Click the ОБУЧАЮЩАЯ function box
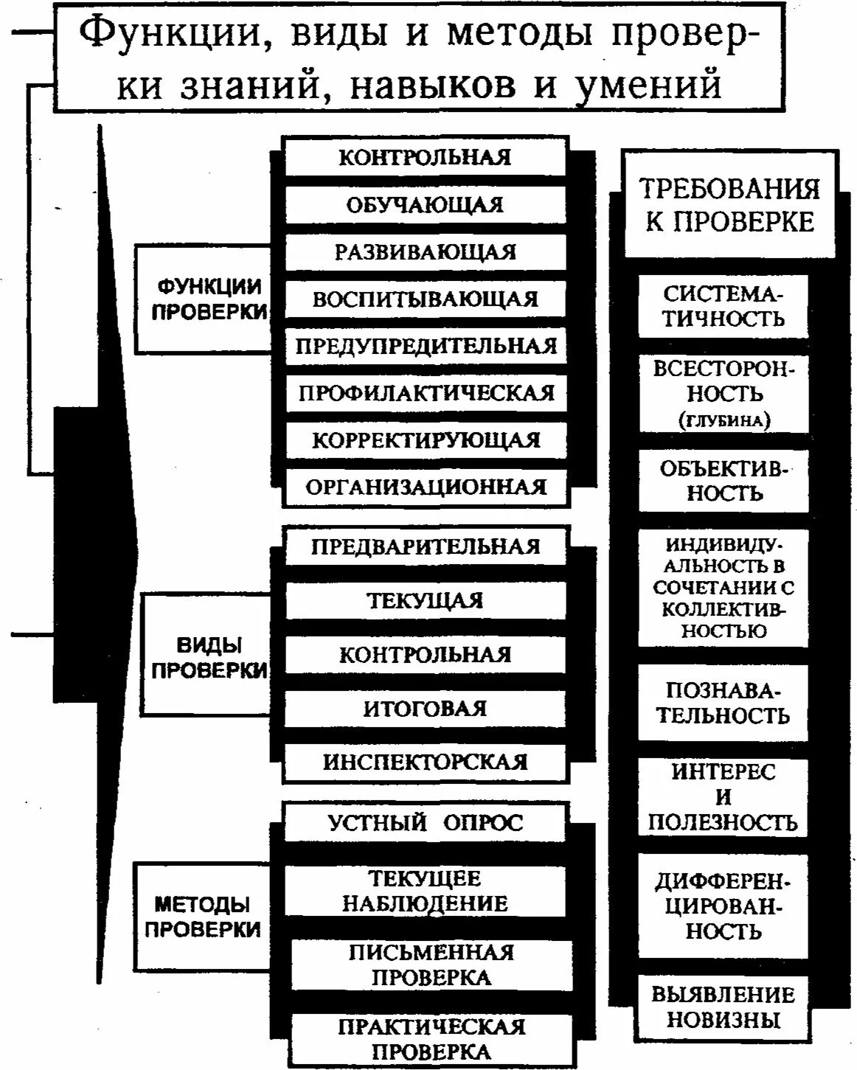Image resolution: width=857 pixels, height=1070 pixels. pyautogui.click(x=426, y=204)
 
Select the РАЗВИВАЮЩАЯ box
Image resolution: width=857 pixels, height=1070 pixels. pyautogui.click(x=426, y=251)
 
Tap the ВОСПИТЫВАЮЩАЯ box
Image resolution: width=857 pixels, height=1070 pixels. pyautogui.click(x=426, y=299)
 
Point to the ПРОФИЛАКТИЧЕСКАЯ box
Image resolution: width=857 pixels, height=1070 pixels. pyautogui.click(x=426, y=392)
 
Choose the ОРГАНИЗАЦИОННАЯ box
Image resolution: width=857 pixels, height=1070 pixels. pyautogui.click(x=426, y=487)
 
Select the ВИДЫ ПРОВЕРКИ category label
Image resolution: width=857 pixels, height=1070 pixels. pyautogui.click(x=209, y=656)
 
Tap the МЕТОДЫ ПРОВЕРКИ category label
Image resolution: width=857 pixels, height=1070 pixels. pyautogui.click(x=203, y=916)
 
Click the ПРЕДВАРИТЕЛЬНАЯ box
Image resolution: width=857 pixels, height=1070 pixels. pyautogui.click(x=426, y=546)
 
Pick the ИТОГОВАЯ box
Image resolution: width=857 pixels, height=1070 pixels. pyautogui.click(x=426, y=708)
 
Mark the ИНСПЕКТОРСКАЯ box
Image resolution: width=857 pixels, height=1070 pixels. pyautogui.click(x=426, y=762)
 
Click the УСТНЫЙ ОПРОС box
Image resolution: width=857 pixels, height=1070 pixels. pyautogui.click(x=426, y=822)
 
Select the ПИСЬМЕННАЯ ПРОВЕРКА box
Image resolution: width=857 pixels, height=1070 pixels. pyautogui.click(x=431, y=965)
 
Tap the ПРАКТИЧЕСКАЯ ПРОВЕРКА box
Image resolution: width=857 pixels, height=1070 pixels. pyautogui.click(x=431, y=1039)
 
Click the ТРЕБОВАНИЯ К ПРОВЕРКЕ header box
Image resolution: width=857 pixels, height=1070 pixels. pyautogui.click(x=729, y=205)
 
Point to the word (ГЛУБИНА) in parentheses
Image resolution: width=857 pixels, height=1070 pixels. pyautogui.click(x=724, y=420)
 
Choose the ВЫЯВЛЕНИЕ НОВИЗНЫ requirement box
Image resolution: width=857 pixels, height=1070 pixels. pyautogui.click(x=723, y=1007)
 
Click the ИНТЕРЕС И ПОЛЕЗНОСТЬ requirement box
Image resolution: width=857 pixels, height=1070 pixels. pyautogui.click(x=723, y=797)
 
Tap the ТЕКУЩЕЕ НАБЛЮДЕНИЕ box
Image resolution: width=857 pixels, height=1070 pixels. pyautogui.click(x=426, y=891)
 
